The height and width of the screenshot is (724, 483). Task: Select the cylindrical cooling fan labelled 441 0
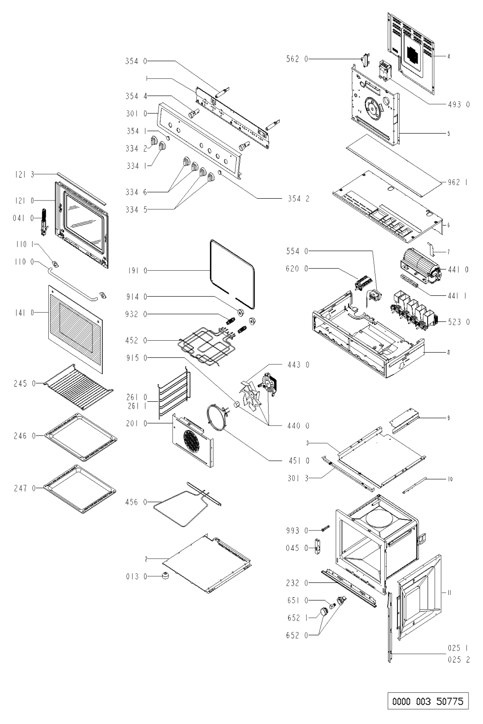[419, 266]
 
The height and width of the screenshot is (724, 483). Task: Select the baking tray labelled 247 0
[83, 488]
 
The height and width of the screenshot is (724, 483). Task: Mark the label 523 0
[459, 322]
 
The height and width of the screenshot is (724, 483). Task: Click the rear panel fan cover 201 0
[192, 440]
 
